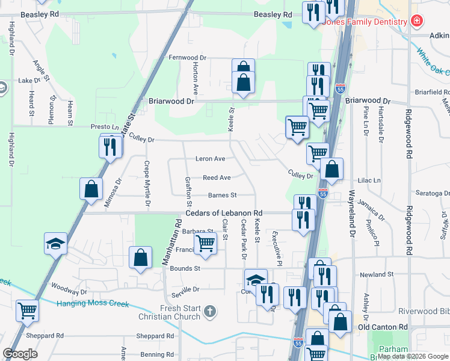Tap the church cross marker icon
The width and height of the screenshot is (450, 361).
[x=209, y=312]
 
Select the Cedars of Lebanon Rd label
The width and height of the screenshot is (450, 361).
[x=224, y=213]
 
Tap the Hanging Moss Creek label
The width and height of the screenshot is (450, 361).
[x=93, y=304]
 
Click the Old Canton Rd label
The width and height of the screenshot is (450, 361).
[x=383, y=327]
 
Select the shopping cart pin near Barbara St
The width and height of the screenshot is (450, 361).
[x=206, y=244]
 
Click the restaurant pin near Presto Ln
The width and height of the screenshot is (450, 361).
[x=109, y=146]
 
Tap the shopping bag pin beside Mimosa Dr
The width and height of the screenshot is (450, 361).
[x=90, y=188]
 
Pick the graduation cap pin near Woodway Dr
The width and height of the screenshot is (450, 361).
[x=55, y=244]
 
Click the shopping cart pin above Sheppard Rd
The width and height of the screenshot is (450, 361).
[x=28, y=310]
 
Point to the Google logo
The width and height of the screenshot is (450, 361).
[x=20, y=354]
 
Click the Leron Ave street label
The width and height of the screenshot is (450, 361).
[x=210, y=159]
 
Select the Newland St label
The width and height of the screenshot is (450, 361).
[x=377, y=274]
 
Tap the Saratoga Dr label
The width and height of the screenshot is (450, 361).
[x=433, y=193]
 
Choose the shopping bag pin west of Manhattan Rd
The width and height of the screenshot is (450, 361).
[x=140, y=258]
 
